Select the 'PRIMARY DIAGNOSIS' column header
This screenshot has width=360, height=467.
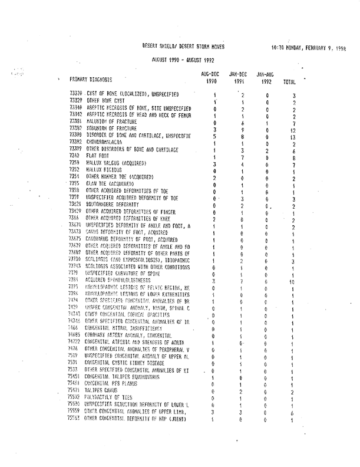point(91,78)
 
